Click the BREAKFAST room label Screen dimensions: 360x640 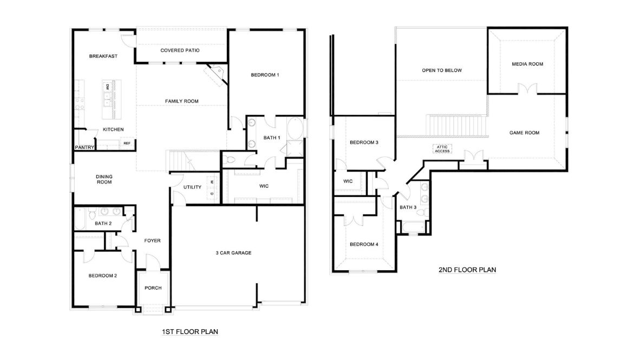103,56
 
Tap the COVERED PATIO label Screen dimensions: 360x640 180,50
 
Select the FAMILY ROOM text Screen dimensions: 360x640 181,101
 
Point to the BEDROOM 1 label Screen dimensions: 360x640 265,75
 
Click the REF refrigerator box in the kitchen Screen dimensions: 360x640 127,143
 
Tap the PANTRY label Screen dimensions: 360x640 84,147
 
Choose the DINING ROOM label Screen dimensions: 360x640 104,179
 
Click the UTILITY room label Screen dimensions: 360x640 192,187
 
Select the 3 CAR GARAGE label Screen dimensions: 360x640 233,253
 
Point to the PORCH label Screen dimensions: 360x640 153,288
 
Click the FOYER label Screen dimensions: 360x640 152,240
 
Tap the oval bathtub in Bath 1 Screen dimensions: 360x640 295,130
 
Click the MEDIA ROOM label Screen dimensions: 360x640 527,64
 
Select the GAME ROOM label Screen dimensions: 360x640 524,133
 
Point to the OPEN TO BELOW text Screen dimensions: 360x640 442,70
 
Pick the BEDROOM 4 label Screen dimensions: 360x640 364,244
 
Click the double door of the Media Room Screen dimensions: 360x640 527,89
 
